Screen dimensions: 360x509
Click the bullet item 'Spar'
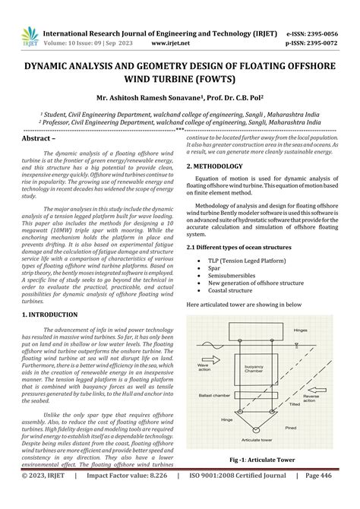point(215,267)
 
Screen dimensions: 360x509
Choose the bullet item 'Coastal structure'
point(232,289)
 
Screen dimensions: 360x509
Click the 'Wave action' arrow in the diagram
point(204,370)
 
